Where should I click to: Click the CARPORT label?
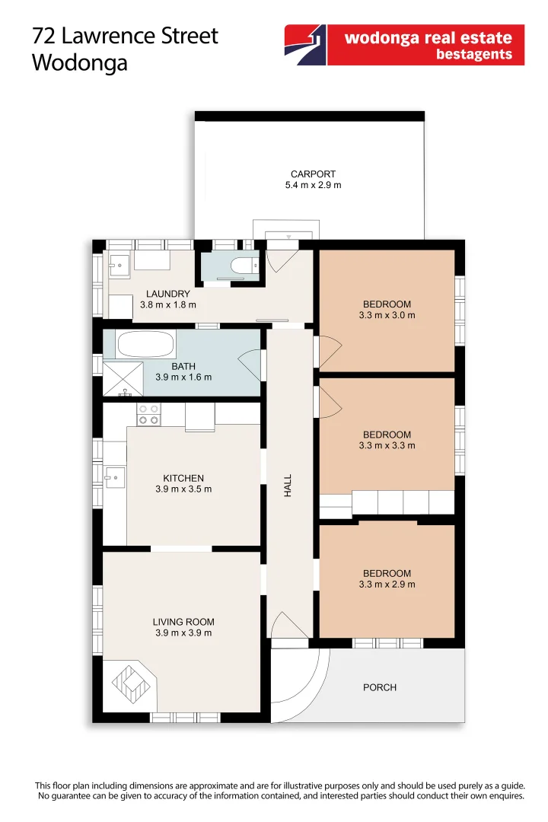tap(313, 174)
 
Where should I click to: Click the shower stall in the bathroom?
tap(123, 378)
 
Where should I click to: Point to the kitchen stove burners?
tap(148, 414)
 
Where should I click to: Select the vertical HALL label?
tap(288, 486)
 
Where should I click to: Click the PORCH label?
tap(379, 687)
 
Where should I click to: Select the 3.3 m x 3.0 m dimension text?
tap(387, 315)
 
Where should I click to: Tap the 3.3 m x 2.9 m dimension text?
tap(387, 585)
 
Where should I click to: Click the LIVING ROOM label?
tap(183, 622)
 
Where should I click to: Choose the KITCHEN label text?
tap(183, 478)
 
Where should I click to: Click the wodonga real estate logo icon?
tap(306, 45)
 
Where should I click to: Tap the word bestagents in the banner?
tap(473, 55)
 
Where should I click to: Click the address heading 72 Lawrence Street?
tap(125, 36)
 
